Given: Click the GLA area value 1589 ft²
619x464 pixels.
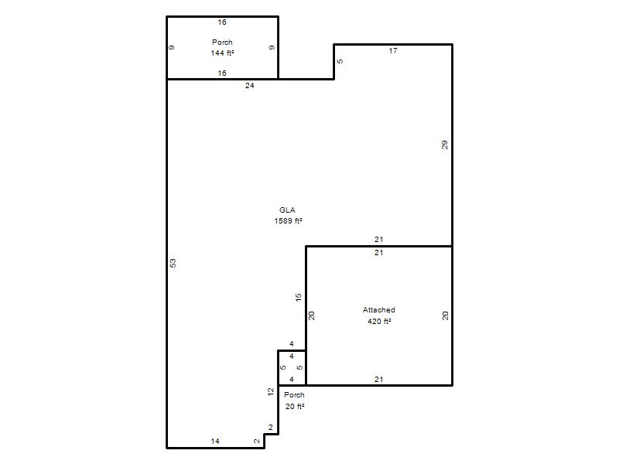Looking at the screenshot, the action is coord(288,221).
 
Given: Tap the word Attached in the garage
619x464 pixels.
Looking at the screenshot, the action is coord(378,310).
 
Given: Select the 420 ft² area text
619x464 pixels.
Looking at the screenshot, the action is coord(379,321).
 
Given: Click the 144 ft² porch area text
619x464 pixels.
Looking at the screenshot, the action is coord(222,53).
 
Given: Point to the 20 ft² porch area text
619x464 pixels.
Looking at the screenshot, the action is coord(295,407).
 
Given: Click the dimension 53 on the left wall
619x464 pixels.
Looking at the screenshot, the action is coord(173,263).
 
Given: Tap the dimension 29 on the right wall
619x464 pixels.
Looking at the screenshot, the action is coord(445,145).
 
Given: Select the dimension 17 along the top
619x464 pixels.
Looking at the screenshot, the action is coord(393,51).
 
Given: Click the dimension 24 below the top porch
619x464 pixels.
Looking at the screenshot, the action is coord(249,85).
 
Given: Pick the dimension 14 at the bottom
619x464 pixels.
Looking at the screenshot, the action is coord(215,441).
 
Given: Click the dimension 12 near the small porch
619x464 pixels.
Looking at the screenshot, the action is coord(270,392).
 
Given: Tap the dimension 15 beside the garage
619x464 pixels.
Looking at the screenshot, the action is coord(299,297).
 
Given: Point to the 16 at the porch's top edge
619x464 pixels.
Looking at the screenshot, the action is coord(222,22).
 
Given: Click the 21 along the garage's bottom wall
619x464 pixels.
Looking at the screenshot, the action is coord(378,379).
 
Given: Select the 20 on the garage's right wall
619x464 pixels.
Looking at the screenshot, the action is coord(446,316).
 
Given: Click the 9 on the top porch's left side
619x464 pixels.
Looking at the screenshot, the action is coord(172,47).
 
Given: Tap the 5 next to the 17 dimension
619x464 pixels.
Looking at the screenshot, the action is coord(340,61).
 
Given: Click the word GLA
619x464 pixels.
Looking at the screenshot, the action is coord(287,210).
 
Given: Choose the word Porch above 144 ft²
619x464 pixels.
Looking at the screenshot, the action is coord(222,42).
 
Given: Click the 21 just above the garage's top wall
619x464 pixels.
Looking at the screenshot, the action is coord(378,239).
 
